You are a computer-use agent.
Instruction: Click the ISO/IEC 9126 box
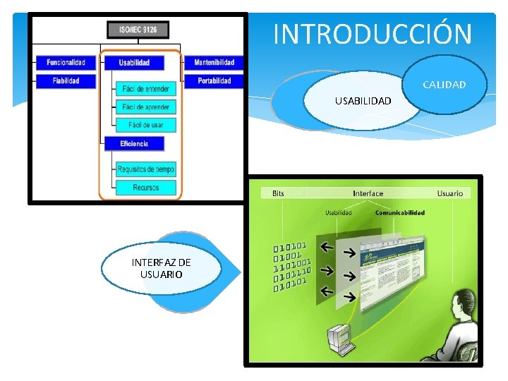point(138,30)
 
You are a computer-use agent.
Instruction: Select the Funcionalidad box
point(66,63)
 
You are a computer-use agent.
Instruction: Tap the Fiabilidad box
point(66,81)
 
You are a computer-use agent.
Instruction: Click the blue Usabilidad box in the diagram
point(134,63)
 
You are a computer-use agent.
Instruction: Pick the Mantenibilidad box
point(214,63)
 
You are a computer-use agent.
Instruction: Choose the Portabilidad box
point(214,81)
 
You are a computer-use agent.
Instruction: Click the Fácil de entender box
point(145,88)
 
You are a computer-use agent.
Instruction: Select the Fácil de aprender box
point(145,107)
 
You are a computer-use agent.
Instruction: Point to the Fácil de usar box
point(145,125)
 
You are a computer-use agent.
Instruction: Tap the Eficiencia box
point(134,144)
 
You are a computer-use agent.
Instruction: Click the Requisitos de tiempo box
point(145,169)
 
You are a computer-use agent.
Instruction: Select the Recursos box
point(145,188)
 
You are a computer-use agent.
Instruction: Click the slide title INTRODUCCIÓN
point(372,33)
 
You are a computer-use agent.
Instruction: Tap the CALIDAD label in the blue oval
point(445,85)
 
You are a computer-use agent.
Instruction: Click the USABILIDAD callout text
point(363,101)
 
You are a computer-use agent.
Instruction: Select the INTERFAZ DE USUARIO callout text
point(161,268)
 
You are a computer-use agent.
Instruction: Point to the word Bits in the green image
point(278,193)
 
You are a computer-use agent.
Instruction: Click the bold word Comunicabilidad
point(399,212)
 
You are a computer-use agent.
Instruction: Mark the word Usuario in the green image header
point(449,193)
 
